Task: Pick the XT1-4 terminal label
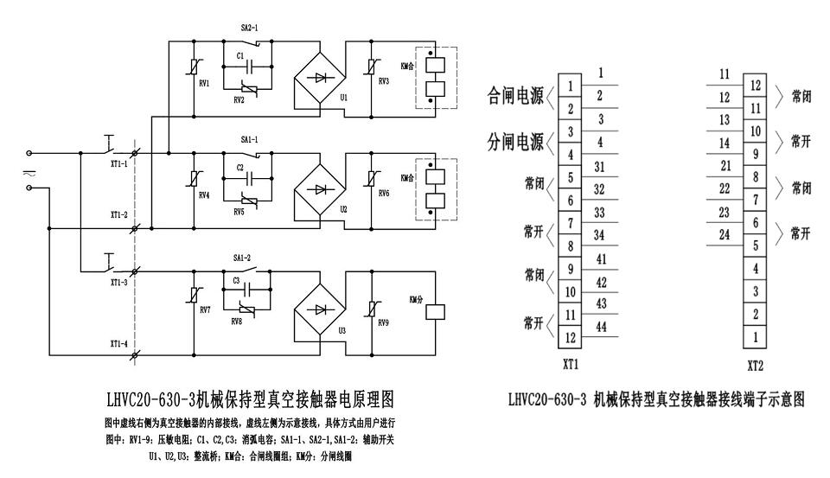pos(119,344)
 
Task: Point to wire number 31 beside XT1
pos(599,166)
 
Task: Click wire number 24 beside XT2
pos(725,236)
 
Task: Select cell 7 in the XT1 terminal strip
pos(571,224)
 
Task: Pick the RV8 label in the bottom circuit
pos(237,321)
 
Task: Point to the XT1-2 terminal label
pos(119,214)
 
